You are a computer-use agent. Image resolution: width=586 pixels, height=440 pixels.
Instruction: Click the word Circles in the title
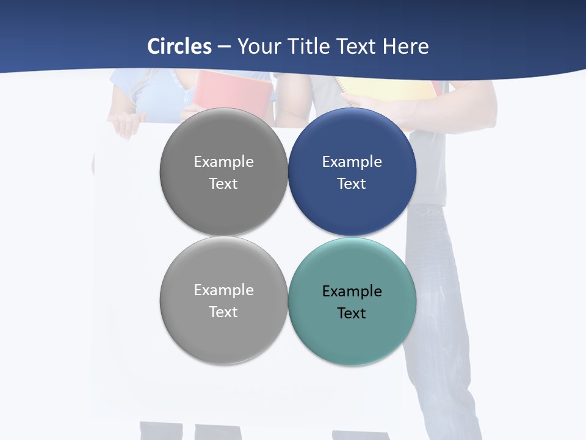coord(179,46)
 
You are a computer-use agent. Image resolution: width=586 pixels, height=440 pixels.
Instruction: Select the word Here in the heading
coord(406,46)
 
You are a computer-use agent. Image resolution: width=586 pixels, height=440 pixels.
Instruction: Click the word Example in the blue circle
coord(352,162)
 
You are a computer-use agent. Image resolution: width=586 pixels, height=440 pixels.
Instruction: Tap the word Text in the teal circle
coord(352,313)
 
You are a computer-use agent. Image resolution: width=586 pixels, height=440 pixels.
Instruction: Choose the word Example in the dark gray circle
coord(223,162)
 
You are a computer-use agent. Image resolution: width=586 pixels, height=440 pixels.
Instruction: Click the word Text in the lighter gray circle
coord(223,312)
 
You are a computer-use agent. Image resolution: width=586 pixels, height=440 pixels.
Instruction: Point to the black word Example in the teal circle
coord(352,291)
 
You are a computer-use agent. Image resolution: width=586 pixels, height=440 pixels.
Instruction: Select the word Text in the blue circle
coord(352,184)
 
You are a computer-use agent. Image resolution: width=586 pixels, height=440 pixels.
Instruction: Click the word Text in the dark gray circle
coord(223,184)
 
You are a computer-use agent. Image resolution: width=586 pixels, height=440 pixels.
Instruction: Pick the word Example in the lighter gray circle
coord(223,290)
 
